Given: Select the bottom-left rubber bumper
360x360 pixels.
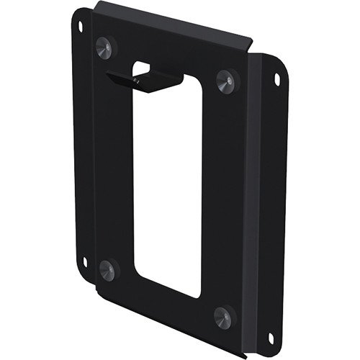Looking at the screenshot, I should pos(107,271).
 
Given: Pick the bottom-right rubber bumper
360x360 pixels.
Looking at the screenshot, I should pos(223,315).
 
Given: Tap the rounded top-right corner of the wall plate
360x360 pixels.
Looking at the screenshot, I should pos(283,66).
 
